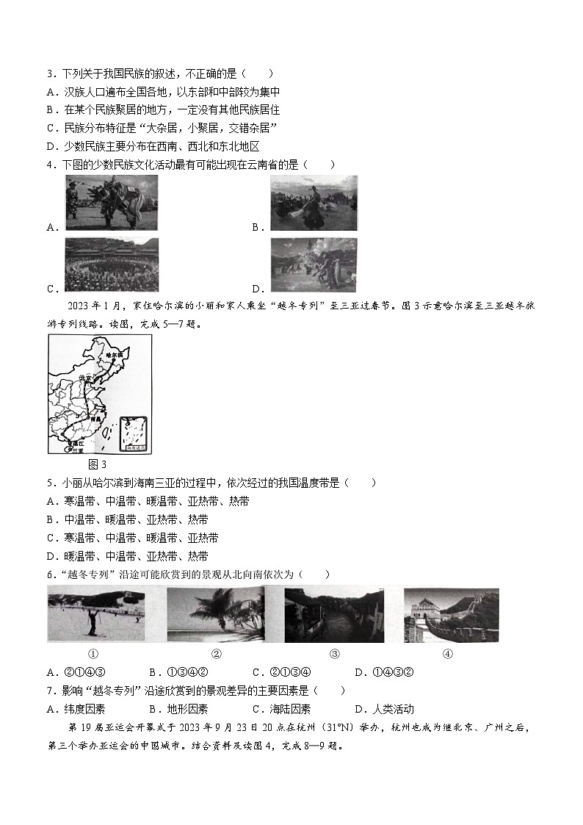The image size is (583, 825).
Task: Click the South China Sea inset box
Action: coord(133,433)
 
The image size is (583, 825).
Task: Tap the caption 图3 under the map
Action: coord(97,464)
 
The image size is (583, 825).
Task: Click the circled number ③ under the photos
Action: coord(334,654)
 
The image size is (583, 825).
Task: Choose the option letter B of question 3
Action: coord(51,110)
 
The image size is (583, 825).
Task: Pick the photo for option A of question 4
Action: coord(111,201)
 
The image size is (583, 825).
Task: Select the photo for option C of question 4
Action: coord(111,264)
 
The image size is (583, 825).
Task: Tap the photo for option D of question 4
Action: coord(314,264)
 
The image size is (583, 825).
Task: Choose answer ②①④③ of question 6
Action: coord(86,672)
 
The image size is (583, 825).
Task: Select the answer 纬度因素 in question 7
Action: coord(85,709)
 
